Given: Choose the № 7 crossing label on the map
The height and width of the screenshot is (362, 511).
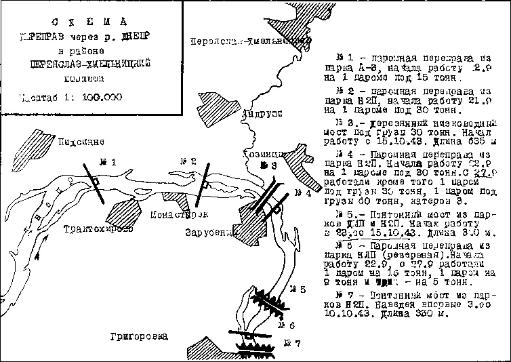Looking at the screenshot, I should tap(291, 342).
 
